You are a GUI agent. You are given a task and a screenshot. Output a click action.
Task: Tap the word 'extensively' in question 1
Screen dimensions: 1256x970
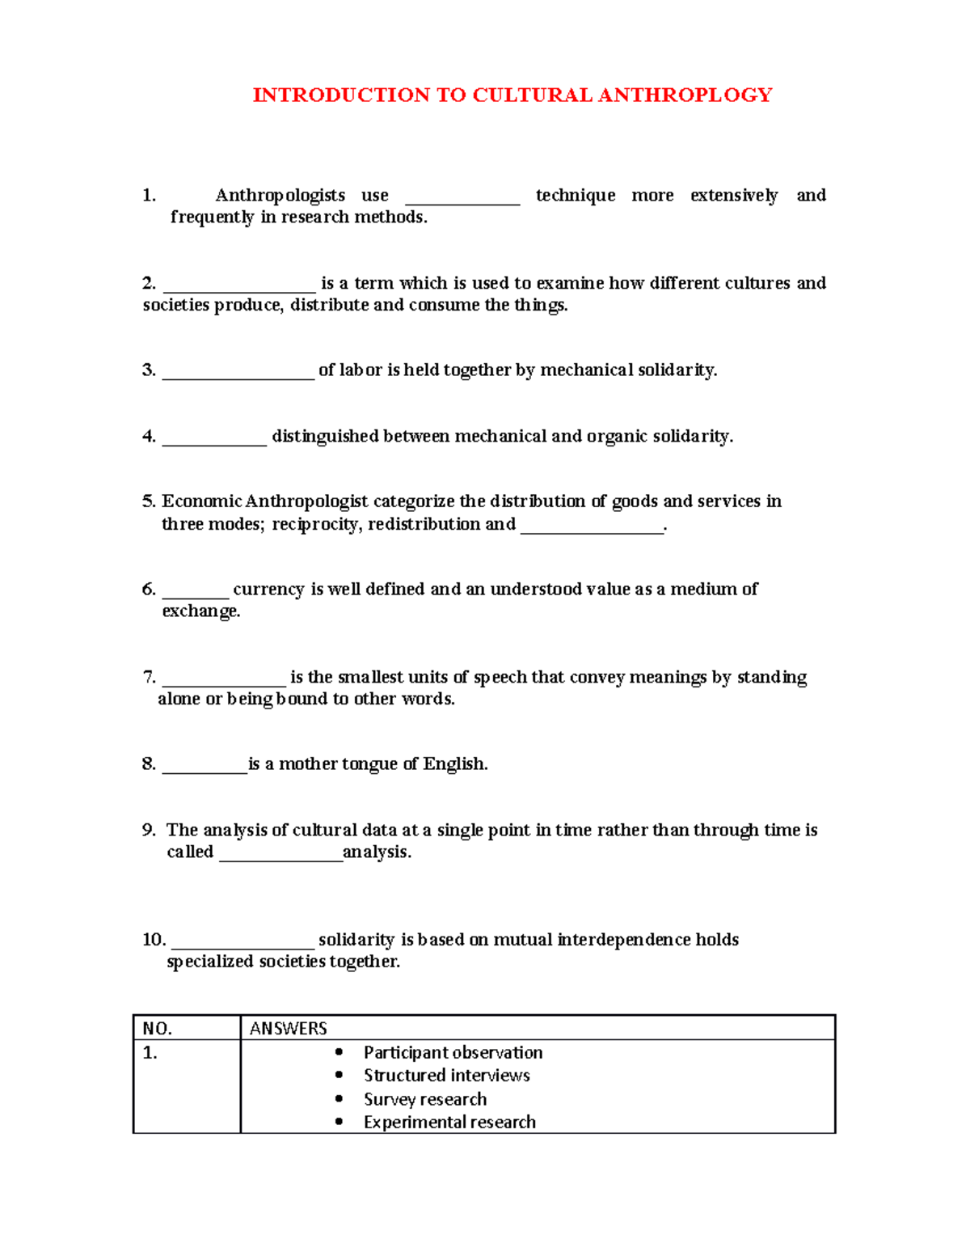click(x=734, y=196)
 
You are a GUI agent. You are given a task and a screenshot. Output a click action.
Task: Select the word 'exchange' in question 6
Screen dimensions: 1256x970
click(x=200, y=611)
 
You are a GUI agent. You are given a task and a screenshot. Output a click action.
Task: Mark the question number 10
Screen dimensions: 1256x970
click(x=154, y=940)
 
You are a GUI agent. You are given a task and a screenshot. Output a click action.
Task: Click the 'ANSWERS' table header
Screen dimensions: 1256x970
click(x=289, y=1029)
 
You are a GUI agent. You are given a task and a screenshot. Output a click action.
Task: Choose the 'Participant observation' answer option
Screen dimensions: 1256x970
click(x=453, y=1053)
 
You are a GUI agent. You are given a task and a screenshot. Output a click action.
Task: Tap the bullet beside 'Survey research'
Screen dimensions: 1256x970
click(x=339, y=1099)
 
